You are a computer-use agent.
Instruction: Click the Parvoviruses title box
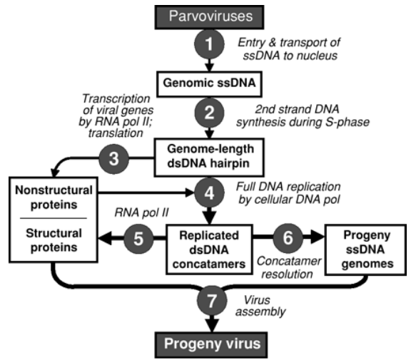[x=209, y=17]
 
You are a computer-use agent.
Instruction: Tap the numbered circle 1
[x=209, y=44]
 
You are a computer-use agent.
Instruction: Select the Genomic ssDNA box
[x=209, y=84]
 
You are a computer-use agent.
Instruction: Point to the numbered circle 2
[x=209, y=113]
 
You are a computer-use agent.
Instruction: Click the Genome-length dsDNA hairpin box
[x=209, y=158]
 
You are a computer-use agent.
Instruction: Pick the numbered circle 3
[x=113, y=159]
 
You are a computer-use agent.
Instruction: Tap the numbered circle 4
[x=209, y=193]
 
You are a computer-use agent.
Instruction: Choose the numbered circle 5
[x=138, y=239]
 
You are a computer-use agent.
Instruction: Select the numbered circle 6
[x=288, y=238]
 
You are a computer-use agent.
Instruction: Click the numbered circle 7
[x=212, y=301]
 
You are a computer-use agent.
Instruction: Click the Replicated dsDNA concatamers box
[x=209, y=250]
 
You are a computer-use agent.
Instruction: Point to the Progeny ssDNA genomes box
[x=365, y=250]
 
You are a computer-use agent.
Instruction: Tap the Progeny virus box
[x=211, y=345]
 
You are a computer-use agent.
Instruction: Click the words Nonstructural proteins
[x=54, y=197]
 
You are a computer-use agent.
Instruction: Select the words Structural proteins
[x=54, y=240]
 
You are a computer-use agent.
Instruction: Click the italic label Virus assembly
[x=260, y=306]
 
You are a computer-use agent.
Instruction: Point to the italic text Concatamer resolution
[x=288, y=267]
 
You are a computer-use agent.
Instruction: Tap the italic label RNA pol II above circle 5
[x=141, y=212]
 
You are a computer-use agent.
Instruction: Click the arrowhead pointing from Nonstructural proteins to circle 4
[x=190, y=193]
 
